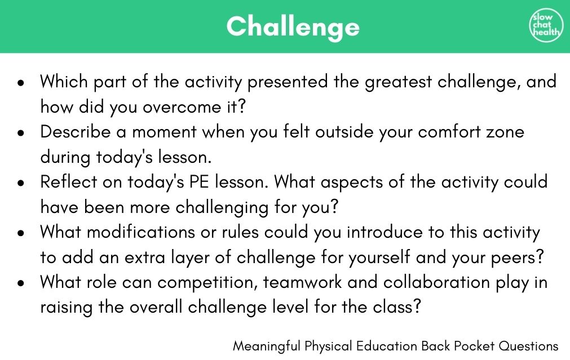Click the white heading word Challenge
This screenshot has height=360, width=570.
click(293, 27)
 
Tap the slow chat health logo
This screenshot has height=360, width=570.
click(545, 25)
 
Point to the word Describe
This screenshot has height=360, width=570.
click(75, 131)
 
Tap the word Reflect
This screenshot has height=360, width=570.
click(69, 181)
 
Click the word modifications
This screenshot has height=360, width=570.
click(141, 232)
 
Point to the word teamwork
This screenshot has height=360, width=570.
click(302, 282)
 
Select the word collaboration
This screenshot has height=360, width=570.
click(437, 282)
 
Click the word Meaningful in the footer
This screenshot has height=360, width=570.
click(267, 346)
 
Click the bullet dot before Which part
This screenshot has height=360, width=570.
click(21, 82)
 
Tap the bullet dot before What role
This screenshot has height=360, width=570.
click(21, 283)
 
